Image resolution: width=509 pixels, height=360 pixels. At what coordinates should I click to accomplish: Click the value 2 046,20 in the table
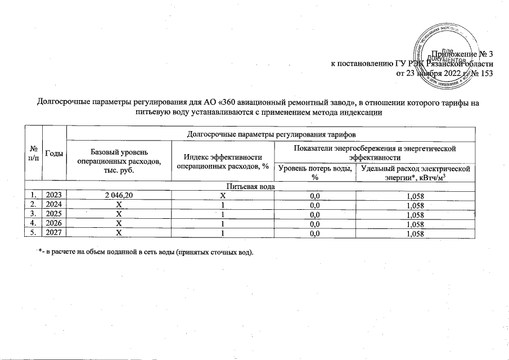click(x=119, y=196)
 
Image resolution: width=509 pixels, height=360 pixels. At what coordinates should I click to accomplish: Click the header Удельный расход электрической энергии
click(x=417, y=173)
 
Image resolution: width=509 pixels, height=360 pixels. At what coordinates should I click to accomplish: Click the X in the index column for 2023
click(x=222, y=196)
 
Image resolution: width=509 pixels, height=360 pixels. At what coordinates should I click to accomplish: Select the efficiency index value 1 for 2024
click(x=222, y=205)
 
